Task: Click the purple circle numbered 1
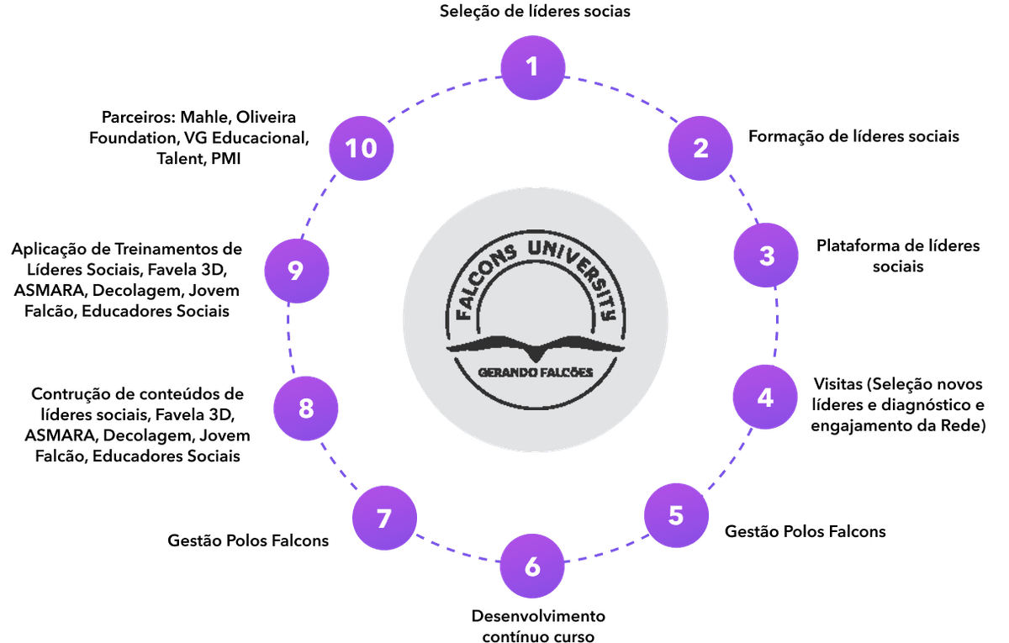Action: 531,66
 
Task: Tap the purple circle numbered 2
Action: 700,148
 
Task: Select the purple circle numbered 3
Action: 766,256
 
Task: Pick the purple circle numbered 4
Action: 764,397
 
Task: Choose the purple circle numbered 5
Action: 676,515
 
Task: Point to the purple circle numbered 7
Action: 384,519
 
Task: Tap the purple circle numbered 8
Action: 306,409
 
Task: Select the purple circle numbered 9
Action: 295,271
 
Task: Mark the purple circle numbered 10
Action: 362,149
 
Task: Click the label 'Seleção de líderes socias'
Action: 535,12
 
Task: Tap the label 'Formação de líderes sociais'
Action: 853,136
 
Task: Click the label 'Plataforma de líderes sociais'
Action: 898,256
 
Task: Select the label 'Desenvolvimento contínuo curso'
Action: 537,625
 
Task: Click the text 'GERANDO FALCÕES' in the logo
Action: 536,372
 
